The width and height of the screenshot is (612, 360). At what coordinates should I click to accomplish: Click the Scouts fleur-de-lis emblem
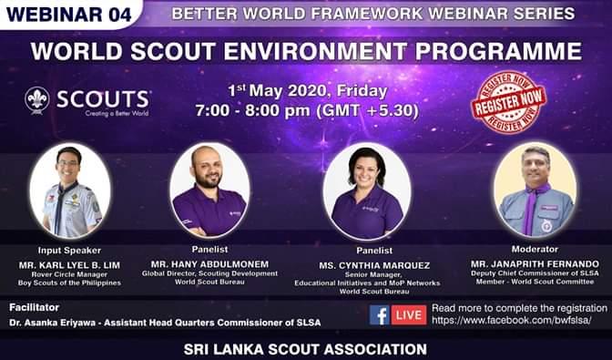click(x=37, y=99)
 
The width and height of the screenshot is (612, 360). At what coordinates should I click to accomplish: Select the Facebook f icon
click(x=380, y=315)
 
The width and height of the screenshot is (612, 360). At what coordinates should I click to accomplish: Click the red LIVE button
click(x=408, y=315)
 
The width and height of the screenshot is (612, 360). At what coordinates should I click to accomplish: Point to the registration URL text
click(x=511, y=321)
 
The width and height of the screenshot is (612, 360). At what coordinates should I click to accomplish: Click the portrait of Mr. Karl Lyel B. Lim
click(x=69, y=190)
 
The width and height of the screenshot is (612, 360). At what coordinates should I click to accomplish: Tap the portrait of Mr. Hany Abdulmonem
click(x=209, y=190)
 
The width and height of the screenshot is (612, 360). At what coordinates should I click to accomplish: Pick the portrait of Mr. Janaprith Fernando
click(x=535, y=189)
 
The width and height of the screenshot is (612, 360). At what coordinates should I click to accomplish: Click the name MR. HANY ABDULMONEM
click(x=209, y=264)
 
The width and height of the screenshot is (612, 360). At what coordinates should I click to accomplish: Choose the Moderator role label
click(x=535, y=248)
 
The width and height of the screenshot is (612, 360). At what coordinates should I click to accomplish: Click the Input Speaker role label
click(x=69, y=249)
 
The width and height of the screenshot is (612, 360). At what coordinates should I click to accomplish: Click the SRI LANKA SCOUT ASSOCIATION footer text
click(x=305, y=348)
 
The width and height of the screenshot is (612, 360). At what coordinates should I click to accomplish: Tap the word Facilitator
click(x=34, y=308)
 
